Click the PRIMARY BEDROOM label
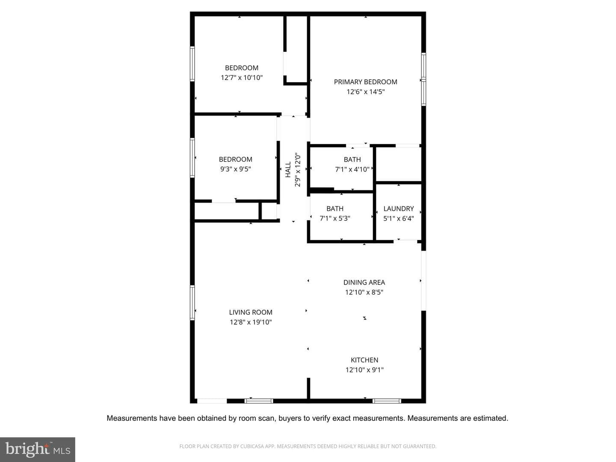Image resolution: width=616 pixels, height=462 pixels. pyautogui.click(x=365, y=82)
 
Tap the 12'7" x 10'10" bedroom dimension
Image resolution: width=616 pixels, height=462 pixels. pyautogui.click(x=242, y=78)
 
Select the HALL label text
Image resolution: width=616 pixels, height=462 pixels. pyautogui.click(x=288, y=169)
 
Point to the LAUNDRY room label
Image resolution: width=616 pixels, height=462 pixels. pyautogui.click(x=399, y=209)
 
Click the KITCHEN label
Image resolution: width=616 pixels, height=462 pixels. pyautogui.click(x=364, y=360)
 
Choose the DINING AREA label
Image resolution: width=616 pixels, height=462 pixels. pyautogui.click(x=364, y=282)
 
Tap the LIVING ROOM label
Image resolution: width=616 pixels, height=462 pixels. pyautogui.click(x=251, y=312)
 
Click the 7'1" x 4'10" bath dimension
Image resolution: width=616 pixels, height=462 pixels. pyautogui.click(x=352, y=169)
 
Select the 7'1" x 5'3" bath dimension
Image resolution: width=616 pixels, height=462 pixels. pyautogui.click(x=335, y=218)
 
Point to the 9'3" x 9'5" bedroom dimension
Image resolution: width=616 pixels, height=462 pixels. pyautogui.click(x=235, y=169)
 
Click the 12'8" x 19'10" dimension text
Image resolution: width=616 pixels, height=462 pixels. pyautogui.click(x=251, y=322)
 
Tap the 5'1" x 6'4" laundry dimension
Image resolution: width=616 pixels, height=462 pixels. pyautogui.click(x=399, y=219)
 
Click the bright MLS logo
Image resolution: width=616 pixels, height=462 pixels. pyautogui.click(x=37, y=449)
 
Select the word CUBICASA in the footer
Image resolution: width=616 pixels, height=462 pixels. pyautogui.click(x=252, y=446)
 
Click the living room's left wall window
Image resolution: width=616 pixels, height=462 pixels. pyautogui.click(x=192, y=302)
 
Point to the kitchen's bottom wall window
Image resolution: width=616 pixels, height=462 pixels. pyautogui.click(x=387, y=401)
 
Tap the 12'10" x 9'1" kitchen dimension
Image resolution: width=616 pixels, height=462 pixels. pyautogui.click(x=364, y=370)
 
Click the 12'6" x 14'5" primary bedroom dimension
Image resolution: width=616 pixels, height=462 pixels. pyautogui.click(x=365, y=92)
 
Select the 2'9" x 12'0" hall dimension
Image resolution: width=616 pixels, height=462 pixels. pyautogui.click(x=297, y=169)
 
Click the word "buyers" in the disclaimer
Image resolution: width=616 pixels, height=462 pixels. pyautogui.click(x=290, y=418)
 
